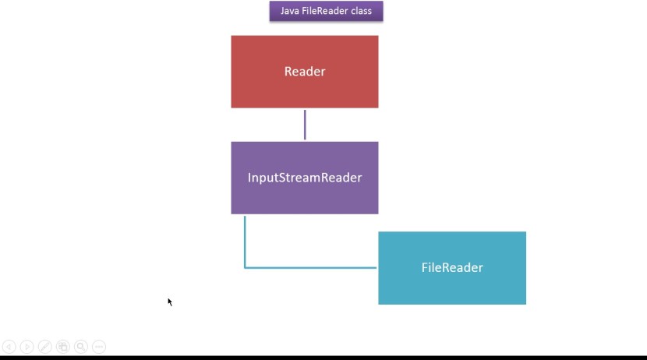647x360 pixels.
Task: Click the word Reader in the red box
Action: [x=305, y=72]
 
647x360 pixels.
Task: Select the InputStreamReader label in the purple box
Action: [x=305, y=178]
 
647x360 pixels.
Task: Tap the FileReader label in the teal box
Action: [x=452, y=268]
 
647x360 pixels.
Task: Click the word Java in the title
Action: [x=290, y=11]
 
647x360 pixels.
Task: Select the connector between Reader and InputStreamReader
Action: [x=305, y=125]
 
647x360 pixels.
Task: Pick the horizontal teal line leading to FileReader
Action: [x=312, y=268]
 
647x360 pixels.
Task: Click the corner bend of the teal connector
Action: [x=245, y=268]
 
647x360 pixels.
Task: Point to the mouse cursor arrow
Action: [x=169, y=301]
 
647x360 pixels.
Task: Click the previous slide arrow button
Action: [x=9, y=347]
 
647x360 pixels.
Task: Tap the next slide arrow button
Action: [x=27, y=347]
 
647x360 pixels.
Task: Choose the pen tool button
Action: [x=44, y=347]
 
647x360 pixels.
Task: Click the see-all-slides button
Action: [x=62, y=347]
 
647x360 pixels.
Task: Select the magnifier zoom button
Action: [x=80, y=347]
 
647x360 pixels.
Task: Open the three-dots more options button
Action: [x=98, y=347]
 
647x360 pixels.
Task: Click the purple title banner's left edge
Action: [x=271, y=11]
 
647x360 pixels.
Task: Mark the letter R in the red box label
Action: [x=288, y=72]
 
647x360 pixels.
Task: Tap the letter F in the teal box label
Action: [x=425, y=268]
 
